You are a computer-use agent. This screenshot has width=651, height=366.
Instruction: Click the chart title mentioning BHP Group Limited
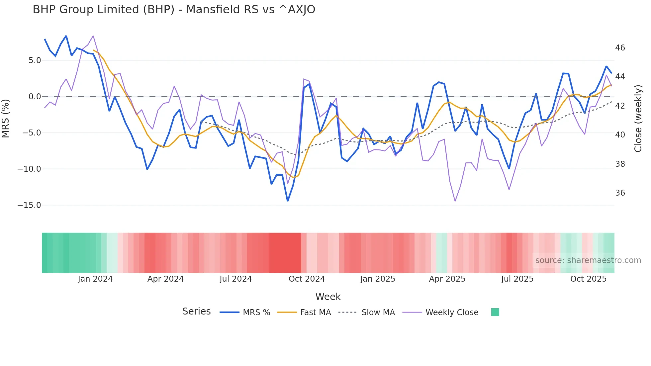(x=174, y=10)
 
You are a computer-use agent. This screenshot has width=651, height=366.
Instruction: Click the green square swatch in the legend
(x=495, y=312)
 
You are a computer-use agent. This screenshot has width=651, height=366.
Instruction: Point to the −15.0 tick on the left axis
(x=29, y=205)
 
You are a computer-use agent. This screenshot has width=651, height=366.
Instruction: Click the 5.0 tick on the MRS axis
(x=35, y=60)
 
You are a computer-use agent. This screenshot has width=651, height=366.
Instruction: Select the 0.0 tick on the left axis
(x=35, y=97)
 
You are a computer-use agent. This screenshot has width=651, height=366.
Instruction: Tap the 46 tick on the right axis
(x=620, y=48)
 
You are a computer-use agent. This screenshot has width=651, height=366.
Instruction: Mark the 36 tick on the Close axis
(x=620, y=193)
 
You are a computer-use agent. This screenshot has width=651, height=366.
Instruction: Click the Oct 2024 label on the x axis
(x=307, y=279)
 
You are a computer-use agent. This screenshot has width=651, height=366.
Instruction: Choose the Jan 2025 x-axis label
(x=378, y=279)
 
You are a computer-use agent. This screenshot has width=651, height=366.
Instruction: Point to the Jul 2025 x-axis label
(x=517, y=279)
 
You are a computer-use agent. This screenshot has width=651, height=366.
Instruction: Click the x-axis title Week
(x=328, y=297)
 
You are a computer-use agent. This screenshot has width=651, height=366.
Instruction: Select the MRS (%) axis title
(x=6, y=118)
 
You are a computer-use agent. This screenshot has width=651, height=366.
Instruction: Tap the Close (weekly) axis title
(x=638, y=119)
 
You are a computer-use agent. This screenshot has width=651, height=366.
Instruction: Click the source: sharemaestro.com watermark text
(x=588, y=260)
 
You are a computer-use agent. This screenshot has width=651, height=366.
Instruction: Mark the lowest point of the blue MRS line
(x=288, y=201)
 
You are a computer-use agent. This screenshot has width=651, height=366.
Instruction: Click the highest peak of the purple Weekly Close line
(x=93, y=36)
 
